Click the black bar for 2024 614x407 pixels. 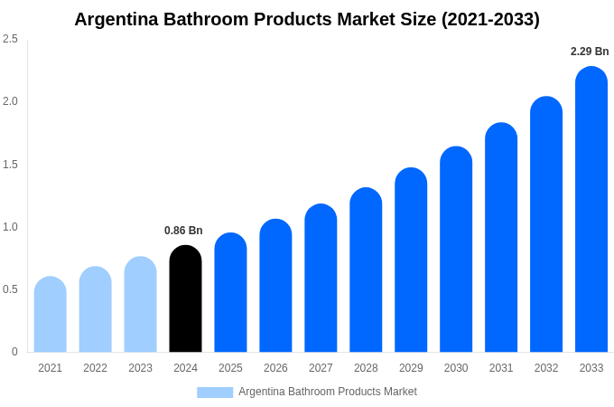[185, 298]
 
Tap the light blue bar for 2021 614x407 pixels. [51, 314]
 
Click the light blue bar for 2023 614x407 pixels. [140, 304]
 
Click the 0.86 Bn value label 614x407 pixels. [183, 231]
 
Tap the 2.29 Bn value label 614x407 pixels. [590, 52]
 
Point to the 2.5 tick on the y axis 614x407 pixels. [10, 39]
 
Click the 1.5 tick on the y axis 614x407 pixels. [10, 165]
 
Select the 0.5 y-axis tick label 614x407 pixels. [10, 289]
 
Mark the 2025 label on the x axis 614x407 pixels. [230, 368]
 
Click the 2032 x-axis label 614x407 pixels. [546, 368]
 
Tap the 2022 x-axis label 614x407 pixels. [95, 368]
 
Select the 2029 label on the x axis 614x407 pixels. [411, 368]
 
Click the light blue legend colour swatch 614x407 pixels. [215, 393]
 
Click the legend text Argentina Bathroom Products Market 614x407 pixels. [328, 392]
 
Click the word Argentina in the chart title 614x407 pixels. [116, 19]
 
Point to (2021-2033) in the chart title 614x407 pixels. [490, 19]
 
